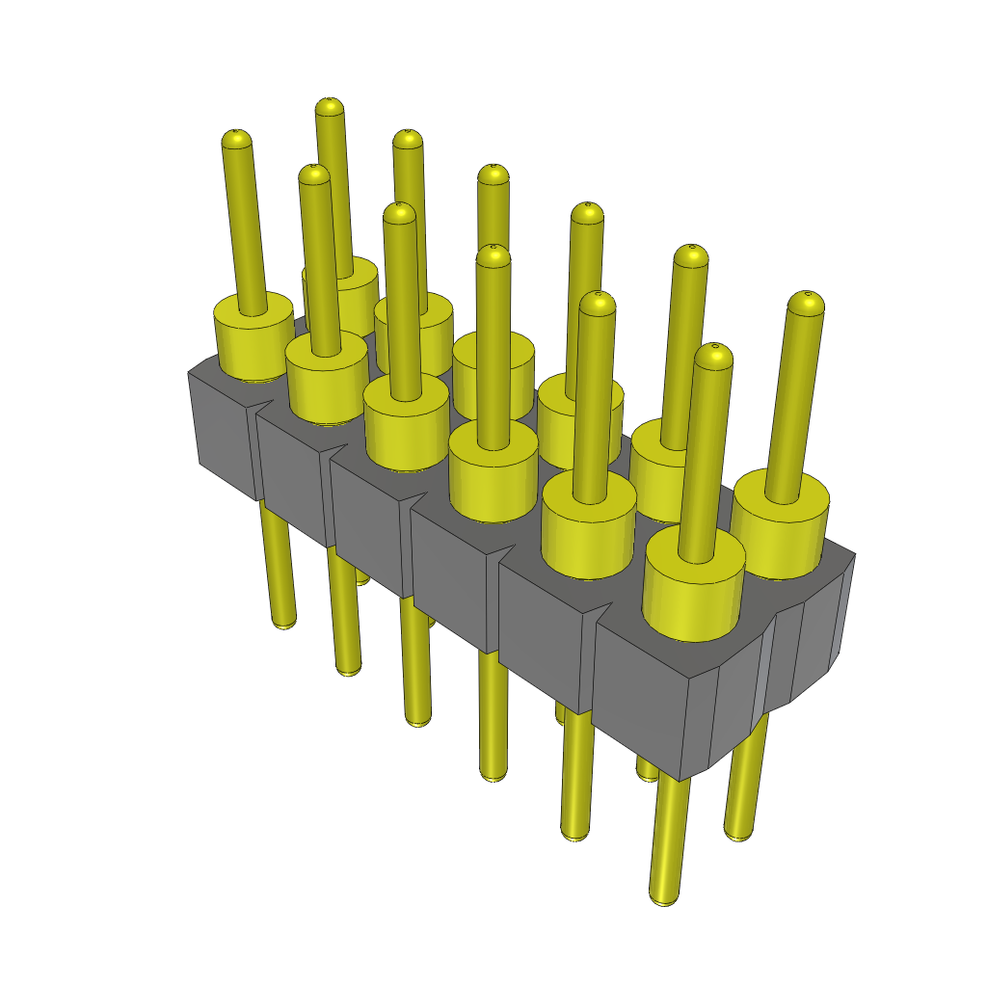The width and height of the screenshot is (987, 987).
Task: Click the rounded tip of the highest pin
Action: (330, 106)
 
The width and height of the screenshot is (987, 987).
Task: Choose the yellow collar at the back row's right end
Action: (779, 530)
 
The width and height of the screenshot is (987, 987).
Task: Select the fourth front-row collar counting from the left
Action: (493, 477)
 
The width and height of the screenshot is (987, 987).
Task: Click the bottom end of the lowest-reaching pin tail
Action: (663, 896)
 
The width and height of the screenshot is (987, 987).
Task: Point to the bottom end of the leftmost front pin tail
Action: (283, 622)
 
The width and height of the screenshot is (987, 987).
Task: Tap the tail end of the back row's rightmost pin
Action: (738, 833)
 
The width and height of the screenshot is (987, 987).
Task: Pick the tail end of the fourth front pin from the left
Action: (493, 773)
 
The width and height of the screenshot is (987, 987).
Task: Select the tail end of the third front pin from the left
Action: (417, 719)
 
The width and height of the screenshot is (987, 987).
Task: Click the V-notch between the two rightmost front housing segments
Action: (597, 614)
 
